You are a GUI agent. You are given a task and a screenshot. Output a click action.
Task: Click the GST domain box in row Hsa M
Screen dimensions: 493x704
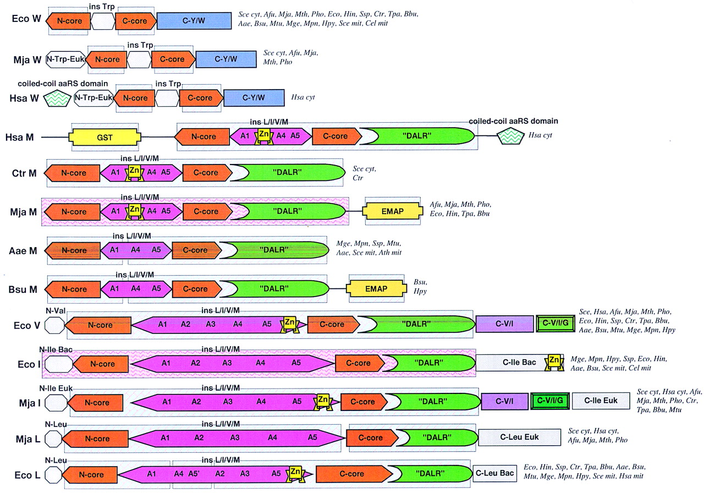tap(105, 138)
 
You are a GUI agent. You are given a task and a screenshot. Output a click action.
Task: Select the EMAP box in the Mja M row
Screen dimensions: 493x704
tap(388, 212)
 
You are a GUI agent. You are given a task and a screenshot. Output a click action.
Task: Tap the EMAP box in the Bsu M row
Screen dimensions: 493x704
tap(373, 289)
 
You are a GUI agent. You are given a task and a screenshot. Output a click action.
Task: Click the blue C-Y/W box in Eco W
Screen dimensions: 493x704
tap(194, 20)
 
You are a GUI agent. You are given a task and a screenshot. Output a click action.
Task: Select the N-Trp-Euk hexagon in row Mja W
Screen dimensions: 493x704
tap(65, 59)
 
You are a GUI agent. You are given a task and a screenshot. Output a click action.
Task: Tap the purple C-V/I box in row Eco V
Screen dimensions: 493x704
tap(504, 324)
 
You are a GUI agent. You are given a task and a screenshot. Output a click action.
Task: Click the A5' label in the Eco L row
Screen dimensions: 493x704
tap(195, 473)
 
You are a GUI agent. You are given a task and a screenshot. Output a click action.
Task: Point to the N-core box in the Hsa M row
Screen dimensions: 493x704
tap(202, 138)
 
